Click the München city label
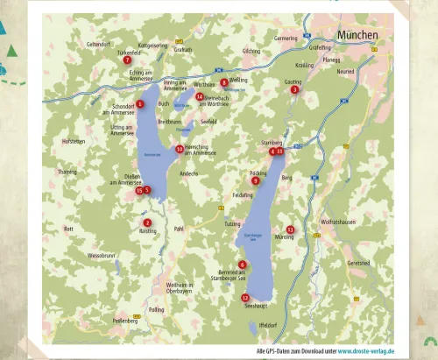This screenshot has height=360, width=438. (x=357, y=36)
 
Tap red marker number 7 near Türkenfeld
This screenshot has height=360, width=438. (x=127, y=60)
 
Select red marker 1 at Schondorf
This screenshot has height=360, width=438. (x=140, y=104)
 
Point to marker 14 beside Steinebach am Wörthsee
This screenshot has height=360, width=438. (x=200, y=96)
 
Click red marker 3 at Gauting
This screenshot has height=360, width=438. (x=295, y=89)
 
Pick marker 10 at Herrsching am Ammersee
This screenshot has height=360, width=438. (x=180, y=149)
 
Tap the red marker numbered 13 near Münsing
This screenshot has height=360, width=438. (x=290, y=229)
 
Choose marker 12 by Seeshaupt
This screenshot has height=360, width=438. (x=245, y=298)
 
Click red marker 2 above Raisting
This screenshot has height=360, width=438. (x=147, y=222)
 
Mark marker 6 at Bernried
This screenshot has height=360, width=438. (x=243, y=265)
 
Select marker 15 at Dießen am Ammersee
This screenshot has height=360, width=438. (x=138, y=190)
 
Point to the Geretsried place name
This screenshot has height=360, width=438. (x=358, y=263)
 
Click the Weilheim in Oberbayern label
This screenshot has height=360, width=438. (x=179, y=287)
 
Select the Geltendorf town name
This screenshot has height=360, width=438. (x=98, y=44)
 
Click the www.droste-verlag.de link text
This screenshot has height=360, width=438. (x=365, y=350)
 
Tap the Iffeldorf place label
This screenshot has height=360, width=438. (x=268, y=326)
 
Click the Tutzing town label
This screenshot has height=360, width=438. (x=232, y=224)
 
